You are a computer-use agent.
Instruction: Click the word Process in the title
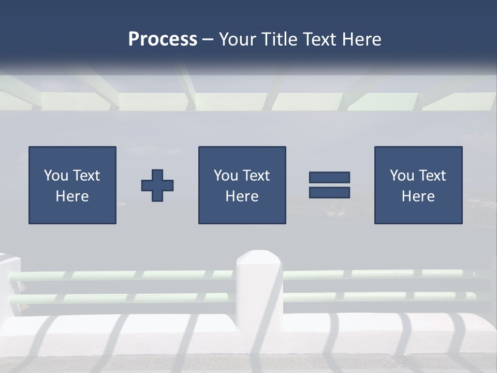click(x=163, y=39)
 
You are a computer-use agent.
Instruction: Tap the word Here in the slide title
click(x=361, y=39)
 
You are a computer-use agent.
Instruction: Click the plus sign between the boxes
click(x=157, y=185)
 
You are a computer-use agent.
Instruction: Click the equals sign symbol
click(x=329, y=185)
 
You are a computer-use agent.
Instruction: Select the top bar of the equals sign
click(x=329, y=178)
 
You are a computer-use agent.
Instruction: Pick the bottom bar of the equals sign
click(x=329, y=193)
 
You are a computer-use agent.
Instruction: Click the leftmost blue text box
click(x=72, y=185)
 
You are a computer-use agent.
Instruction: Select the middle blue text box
click(x=242, y=185)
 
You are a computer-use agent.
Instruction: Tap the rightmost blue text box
click(x=418, y=185)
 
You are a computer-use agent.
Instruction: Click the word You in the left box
click(x=56, y=176)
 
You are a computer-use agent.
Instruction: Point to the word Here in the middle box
click(x=242, y=196)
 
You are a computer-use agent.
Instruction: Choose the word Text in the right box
click(x=432, y=176)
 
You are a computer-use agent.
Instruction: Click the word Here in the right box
click(x=418, y=196)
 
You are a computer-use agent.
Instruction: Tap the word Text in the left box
click(x=86, y=176)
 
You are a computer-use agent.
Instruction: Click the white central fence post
click(x=259, y=290)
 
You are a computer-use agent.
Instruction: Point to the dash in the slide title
click(x=208, y=40)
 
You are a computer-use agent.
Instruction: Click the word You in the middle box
click(x=226, y=176)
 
